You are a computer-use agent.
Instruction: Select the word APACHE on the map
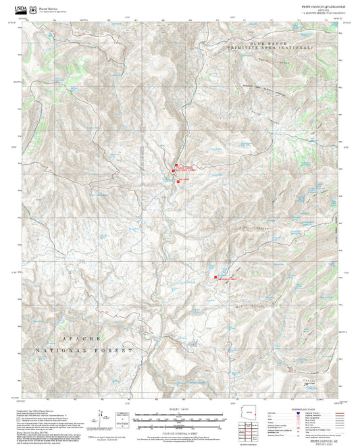tap(81, 338)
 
